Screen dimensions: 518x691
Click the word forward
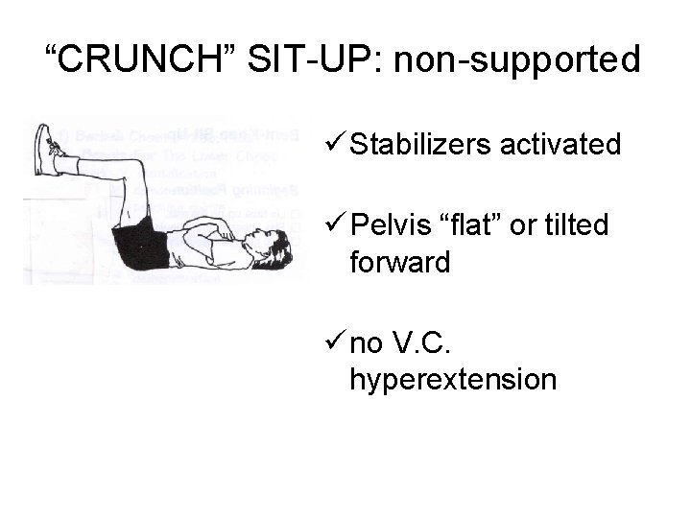(400, 261)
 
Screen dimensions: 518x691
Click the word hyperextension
(453, 379)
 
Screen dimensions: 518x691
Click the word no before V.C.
(369, 343)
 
